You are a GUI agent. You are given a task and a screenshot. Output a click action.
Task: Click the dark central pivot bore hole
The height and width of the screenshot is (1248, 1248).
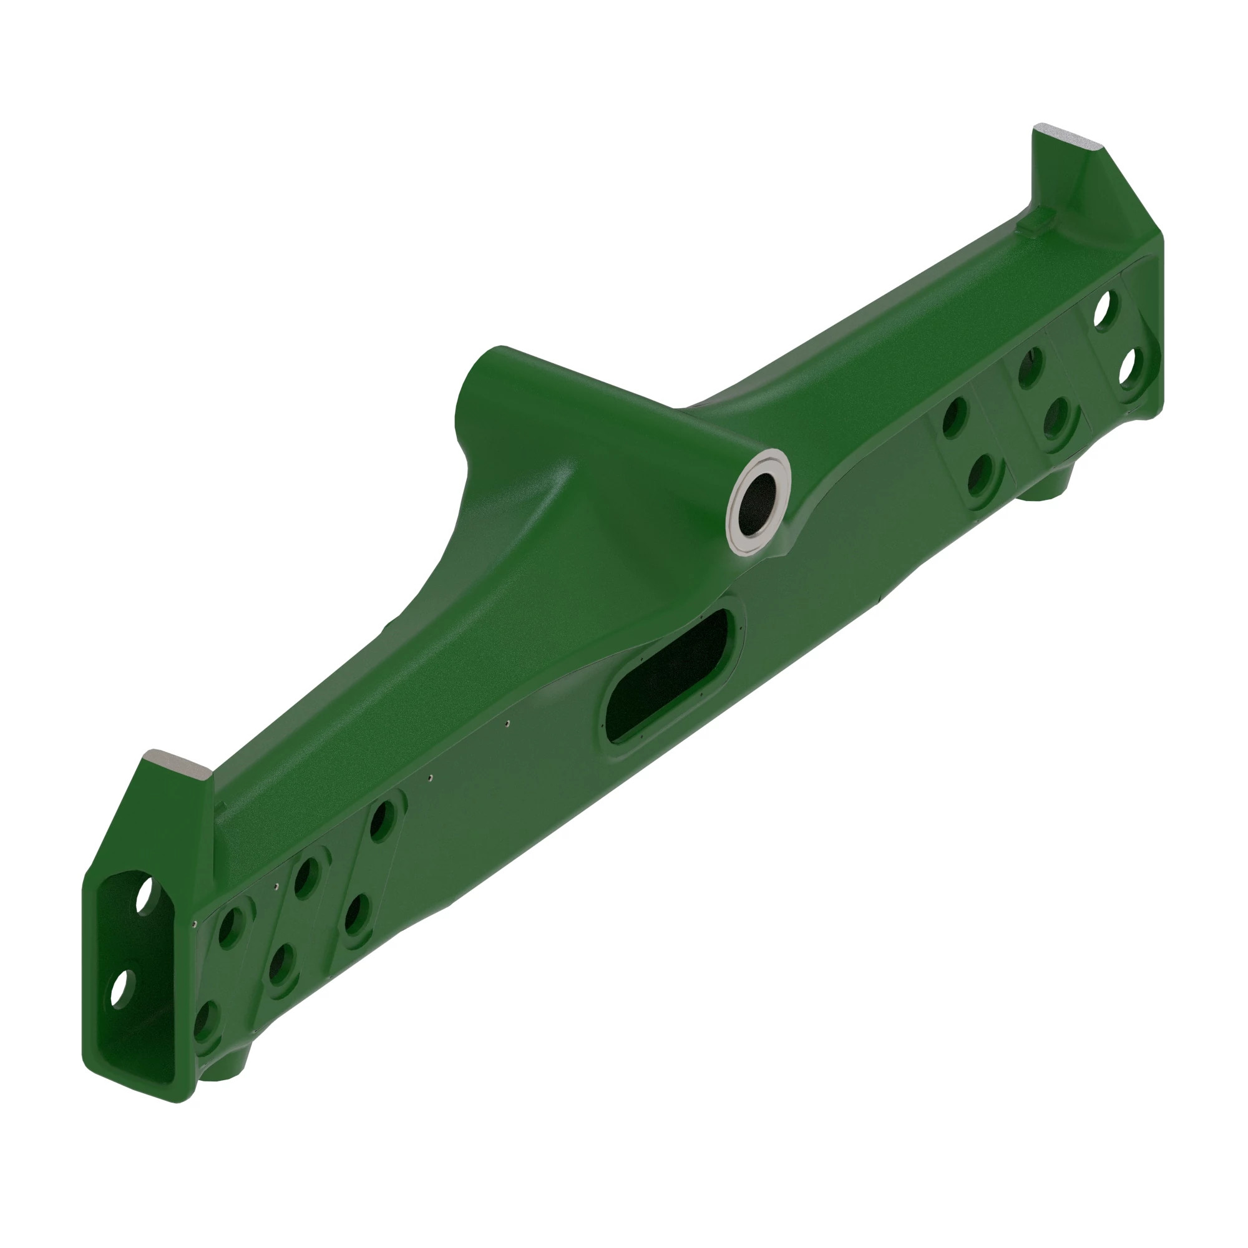760,504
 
